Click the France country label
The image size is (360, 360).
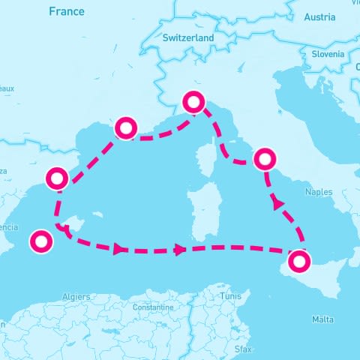[x=67, y=11]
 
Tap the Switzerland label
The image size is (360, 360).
[x=189, y=37]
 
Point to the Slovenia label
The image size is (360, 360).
[x=328, y=54]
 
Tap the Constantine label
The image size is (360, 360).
[x=152, y=307]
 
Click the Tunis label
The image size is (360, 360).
[x=231, y=297]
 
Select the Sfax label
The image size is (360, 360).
[x=244, y=349]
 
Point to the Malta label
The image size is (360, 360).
[x=322, y=320]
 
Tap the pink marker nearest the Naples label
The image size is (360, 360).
[x=265, y=159]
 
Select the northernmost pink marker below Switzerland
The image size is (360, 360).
[x=194, y=102]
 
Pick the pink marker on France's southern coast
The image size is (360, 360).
[x=124, y=128]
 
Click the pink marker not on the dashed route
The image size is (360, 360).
[x=40, y=241]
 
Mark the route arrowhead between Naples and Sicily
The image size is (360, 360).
[x=278, y=202]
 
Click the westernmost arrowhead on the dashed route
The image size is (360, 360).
[x=118, y=248]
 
